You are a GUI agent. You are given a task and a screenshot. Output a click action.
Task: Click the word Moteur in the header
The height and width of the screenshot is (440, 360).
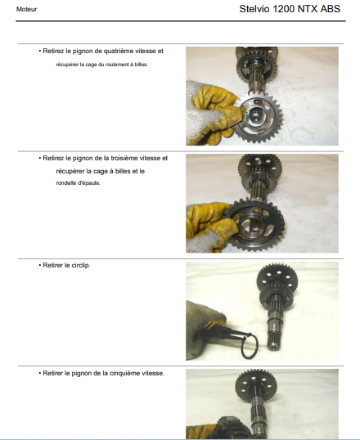click(x=26, y=9)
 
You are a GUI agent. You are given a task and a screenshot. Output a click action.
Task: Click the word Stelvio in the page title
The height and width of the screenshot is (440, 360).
click(x=254, y=9)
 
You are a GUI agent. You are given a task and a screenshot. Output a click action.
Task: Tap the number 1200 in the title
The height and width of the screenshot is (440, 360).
click(x=284, y=9)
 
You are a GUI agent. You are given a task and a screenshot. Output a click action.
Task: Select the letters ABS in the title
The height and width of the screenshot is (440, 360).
click(x=331, y=9)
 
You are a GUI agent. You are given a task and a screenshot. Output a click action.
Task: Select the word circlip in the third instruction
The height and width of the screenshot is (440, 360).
click(x=81, y=266)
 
